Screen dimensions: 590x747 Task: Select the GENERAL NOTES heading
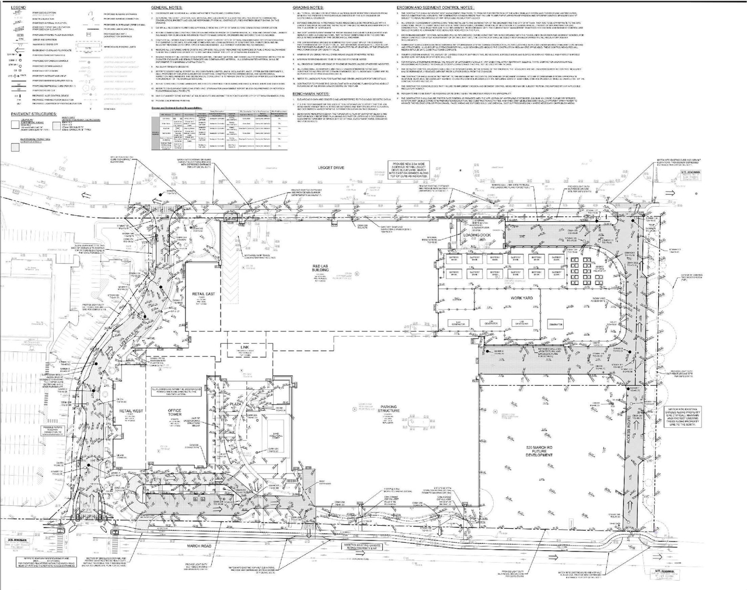(166, 7)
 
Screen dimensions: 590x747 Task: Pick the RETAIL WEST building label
(131, 411)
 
